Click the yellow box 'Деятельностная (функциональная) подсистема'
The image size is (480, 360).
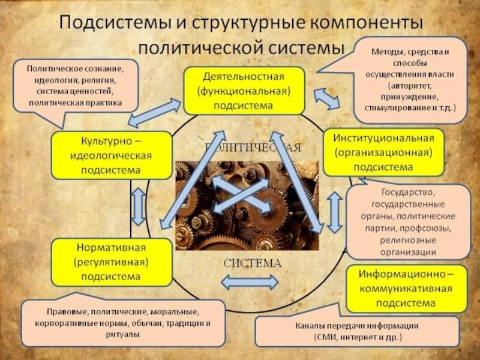(242, 91)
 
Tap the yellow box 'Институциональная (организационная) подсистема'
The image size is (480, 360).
(383, 152)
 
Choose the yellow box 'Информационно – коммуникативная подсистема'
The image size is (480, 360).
(406, 288)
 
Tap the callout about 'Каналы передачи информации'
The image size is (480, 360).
(356, 331)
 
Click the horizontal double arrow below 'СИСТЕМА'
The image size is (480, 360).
(250, 282)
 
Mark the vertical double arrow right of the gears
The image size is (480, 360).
(334, 212)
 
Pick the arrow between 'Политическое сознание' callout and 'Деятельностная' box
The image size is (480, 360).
(154, 113)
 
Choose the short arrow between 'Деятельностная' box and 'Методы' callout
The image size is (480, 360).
(327, 98)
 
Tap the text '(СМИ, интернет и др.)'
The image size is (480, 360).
(356, 337)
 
